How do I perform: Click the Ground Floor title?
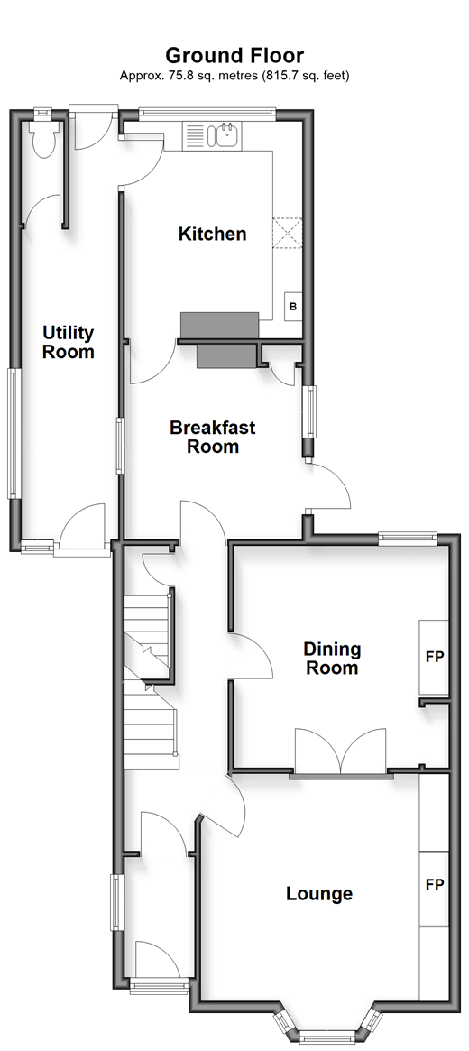tap(234, 55)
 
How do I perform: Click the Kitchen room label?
tap(212, 234)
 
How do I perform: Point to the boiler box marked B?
tap(293, 307)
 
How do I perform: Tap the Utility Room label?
tap(68, 342)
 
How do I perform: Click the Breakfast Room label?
tap(212, 437)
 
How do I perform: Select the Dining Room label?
tap(332, 659)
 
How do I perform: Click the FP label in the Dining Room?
tap(434, 657)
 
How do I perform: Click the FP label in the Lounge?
tap(434, 885)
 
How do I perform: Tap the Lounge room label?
tap(319, 893)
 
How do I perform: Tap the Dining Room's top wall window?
tap(408, 536)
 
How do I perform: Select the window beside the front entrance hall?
tap(116, 902)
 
